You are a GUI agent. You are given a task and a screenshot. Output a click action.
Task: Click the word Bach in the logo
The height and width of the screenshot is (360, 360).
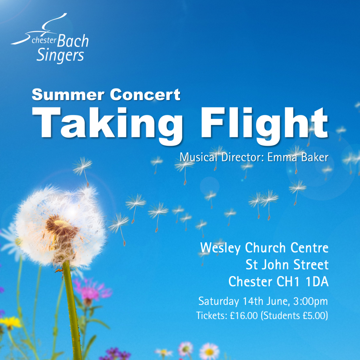tap(73, 41)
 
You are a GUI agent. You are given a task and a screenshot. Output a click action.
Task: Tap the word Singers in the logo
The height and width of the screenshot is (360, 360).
tap(60, 55)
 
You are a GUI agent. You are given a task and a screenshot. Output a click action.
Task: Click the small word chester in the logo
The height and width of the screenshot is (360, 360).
tap(44, 40)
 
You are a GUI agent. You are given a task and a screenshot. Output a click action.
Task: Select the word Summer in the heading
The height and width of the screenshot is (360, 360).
tap(68, 94)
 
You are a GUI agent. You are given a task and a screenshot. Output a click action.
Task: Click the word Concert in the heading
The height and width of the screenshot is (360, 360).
tap(145, 94)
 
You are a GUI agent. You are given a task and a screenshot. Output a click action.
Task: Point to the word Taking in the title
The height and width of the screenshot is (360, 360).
tap(107, 126)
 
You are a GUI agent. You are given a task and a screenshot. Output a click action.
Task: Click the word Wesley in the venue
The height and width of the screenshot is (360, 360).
tap(220, 248)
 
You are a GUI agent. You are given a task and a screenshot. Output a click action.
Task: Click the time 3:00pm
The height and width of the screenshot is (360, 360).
tap(310, 301)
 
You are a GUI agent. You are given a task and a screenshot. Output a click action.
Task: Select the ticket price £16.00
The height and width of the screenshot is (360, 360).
tap(244, 316)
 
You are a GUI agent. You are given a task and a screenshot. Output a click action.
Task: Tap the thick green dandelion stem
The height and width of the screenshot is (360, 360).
tap(73, 310)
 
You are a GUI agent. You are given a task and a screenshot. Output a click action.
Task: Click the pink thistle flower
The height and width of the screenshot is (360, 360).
tap(91, 291)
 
